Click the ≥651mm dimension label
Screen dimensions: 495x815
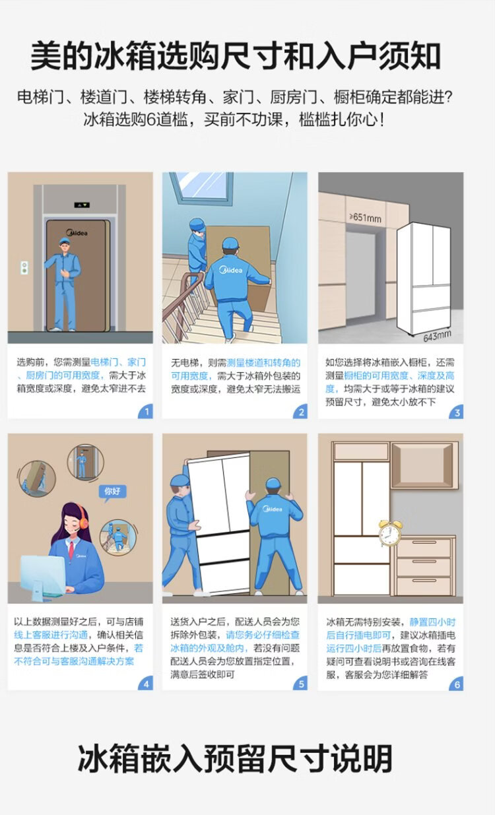click(365, 218)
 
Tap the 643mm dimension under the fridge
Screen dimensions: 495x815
click(437, 336)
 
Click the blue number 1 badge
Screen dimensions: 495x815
click(146, 412)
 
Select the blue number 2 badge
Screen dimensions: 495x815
click(301, 412)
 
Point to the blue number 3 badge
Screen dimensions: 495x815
click(457, 412)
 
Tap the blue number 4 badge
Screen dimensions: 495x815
click(146, 684)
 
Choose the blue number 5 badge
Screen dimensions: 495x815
click(301, 684)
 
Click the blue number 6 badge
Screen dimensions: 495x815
click(457, 684)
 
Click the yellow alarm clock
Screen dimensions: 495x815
click(389, 533)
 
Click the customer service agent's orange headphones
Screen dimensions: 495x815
click(83, 519)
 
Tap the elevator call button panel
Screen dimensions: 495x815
click(24, 267)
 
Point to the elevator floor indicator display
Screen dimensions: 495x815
click(82, 205)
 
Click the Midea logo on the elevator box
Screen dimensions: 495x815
click(77, 232)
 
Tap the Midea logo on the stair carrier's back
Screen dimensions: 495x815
click(231, 270)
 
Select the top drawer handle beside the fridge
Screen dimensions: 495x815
click(424, 542)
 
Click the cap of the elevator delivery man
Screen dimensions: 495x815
click(65, 240)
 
